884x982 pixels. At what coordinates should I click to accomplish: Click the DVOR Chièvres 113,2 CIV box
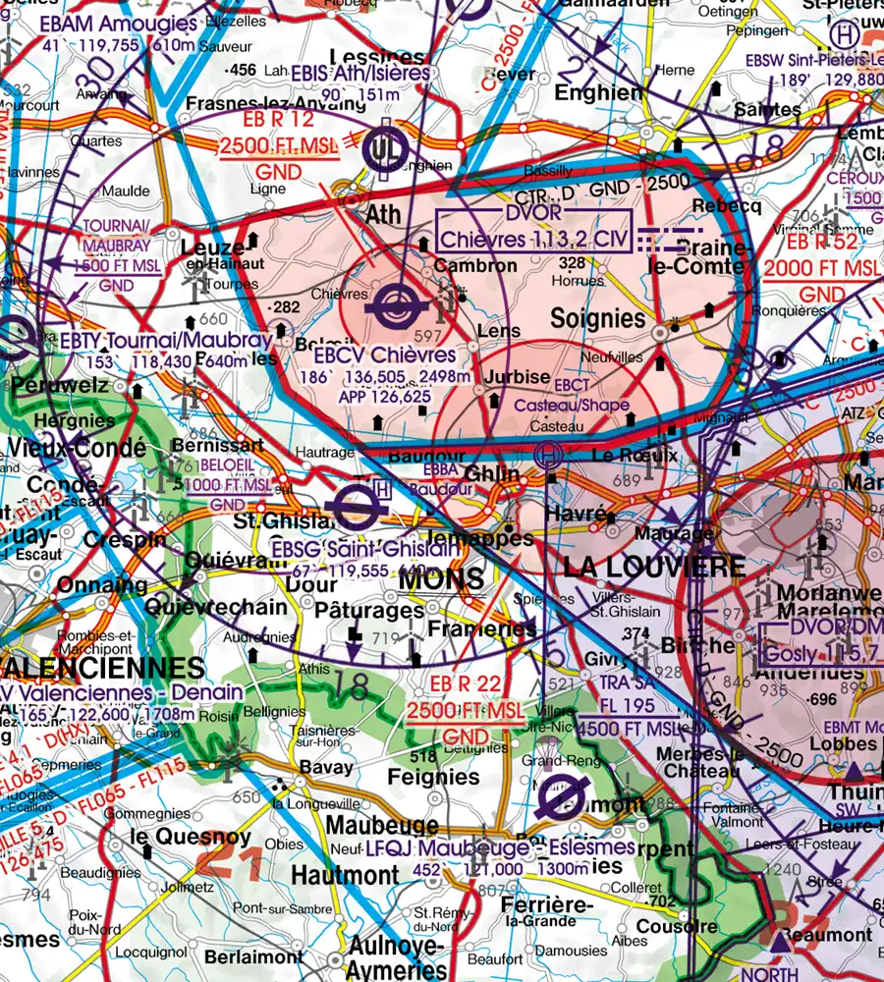tap(532, 230)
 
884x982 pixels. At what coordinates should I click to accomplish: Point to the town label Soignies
tap(598, 318)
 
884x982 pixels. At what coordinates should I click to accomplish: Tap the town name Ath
tap(384, 213)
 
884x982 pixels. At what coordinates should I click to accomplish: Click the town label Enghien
tap(598, 92)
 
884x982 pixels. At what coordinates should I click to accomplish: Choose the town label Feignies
tap(434, 776)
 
